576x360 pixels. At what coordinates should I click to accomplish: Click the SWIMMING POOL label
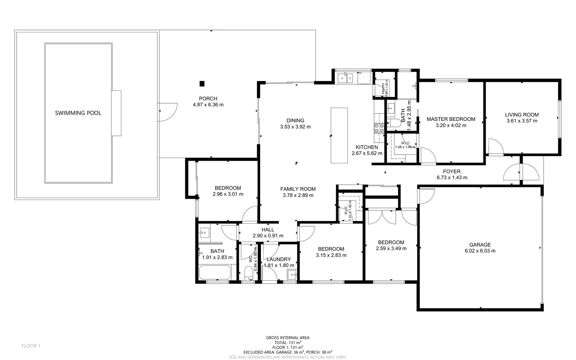[x=78, y=113]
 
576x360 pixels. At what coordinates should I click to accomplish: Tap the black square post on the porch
[x=202, y=84]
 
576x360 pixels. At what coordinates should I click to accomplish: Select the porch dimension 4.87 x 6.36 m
[x=208, y=105]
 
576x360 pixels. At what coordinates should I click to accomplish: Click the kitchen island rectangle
[x=339, y=135]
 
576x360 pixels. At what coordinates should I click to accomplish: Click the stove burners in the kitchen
[x=379, y=128]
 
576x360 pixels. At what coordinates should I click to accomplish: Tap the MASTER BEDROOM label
[x=451, y=119]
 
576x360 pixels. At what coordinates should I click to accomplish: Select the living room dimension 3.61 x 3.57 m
[x=522, y=121]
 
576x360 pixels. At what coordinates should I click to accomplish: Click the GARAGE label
[x=480, y=245]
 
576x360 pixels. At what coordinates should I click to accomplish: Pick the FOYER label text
[x=451, y=172]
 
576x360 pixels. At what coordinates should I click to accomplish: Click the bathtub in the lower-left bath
[x=215, y=273]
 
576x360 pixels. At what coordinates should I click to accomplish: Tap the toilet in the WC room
[x=249, y=274]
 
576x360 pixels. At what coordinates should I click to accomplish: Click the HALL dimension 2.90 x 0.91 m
[x=268, y=236]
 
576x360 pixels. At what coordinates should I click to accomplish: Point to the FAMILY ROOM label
[x=298, y=189]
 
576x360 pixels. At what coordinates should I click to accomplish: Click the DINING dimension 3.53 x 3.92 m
[x=295, y=127]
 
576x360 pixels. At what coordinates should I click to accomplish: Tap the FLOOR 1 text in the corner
[x=31, y=346]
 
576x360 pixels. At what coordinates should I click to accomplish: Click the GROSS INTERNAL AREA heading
[x=288, y=338]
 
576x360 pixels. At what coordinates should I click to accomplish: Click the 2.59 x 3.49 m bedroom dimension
[x=391, y=248]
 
